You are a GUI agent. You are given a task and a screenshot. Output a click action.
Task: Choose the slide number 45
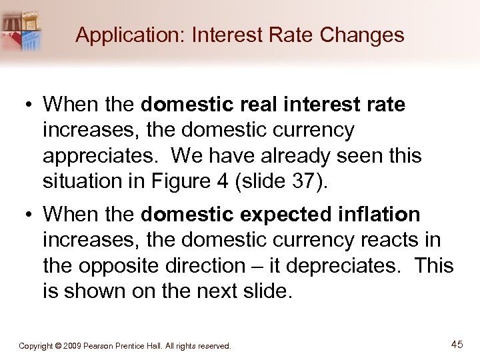pyautogui.click(x=457, y=345)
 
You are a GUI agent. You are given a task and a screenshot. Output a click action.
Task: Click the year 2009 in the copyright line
pyautogui.click(x=75, y=346)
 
